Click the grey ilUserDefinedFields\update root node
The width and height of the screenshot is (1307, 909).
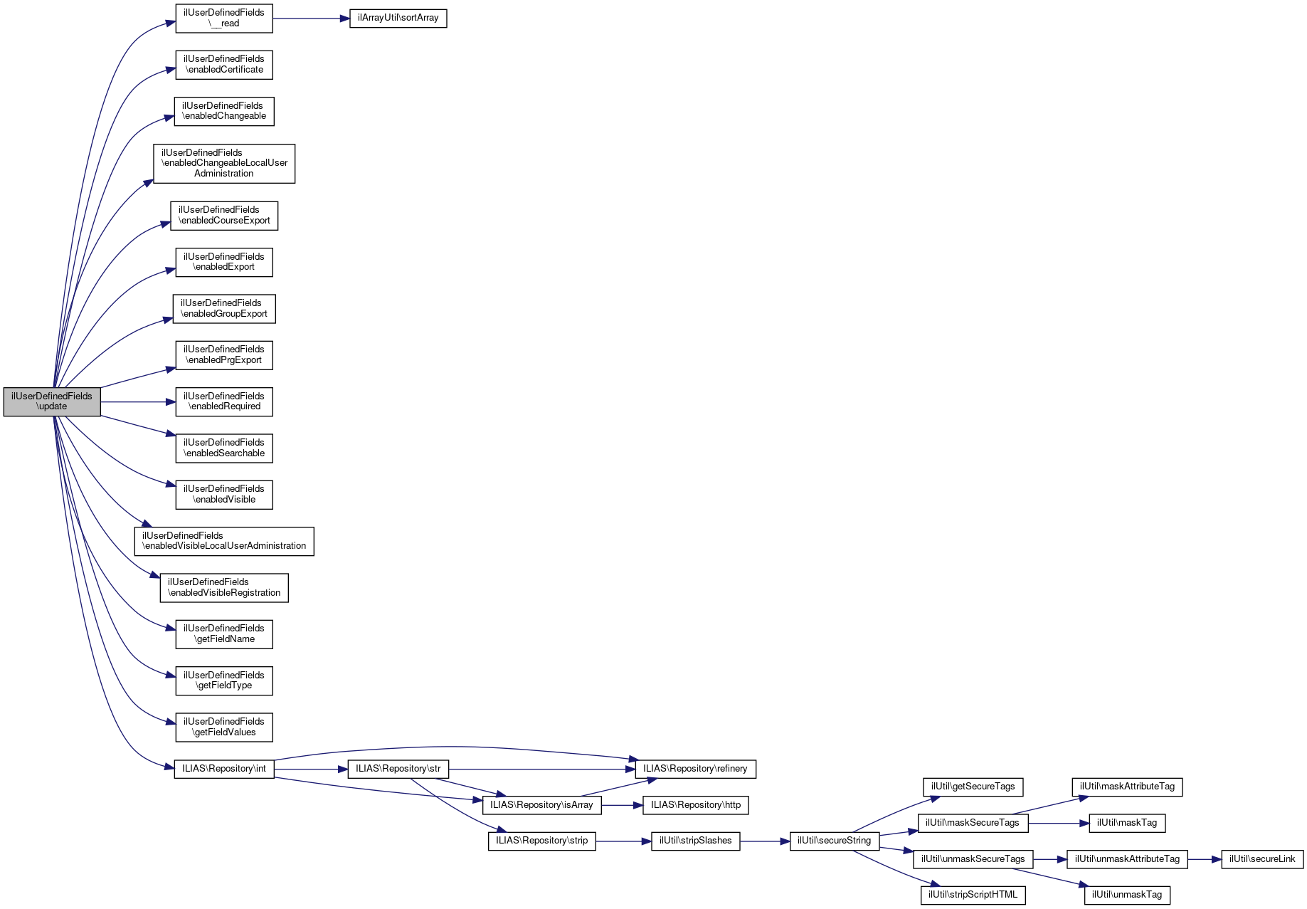tap(52, 401)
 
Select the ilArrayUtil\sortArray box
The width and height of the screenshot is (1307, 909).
tap(398, 18)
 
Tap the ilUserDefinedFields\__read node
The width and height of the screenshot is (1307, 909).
tap(224, 18)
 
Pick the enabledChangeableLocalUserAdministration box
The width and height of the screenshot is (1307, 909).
tap(224, 163)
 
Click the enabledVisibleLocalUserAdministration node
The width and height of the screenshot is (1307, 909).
tap(224, 541)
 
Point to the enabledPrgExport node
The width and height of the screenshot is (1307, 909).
tap(224, 354)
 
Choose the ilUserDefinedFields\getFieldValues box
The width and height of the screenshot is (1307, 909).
tap(224, 727)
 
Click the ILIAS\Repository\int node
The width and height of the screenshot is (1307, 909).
tap(224, 769)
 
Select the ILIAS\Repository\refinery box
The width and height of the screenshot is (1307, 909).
tap(695, 769)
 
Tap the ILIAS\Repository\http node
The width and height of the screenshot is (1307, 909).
tap(695, 805)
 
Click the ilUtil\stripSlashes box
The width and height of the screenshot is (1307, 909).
tap(695, 841)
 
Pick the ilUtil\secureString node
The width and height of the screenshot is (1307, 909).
tap(834, 841)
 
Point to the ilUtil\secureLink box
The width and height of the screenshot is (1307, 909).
tap(1262, 859)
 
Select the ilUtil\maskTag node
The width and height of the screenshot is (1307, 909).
tap(1127, 823)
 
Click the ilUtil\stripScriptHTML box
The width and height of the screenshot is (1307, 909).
tap(973, 895)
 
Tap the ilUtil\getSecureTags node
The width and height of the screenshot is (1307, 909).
tap(973, 787)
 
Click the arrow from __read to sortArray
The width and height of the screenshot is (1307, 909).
tap(311, 18)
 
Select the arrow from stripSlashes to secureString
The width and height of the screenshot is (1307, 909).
tap(765, 841)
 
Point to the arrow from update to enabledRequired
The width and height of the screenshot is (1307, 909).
tap(138, 402)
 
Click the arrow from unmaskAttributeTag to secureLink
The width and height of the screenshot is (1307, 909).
tap(1204, 859)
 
